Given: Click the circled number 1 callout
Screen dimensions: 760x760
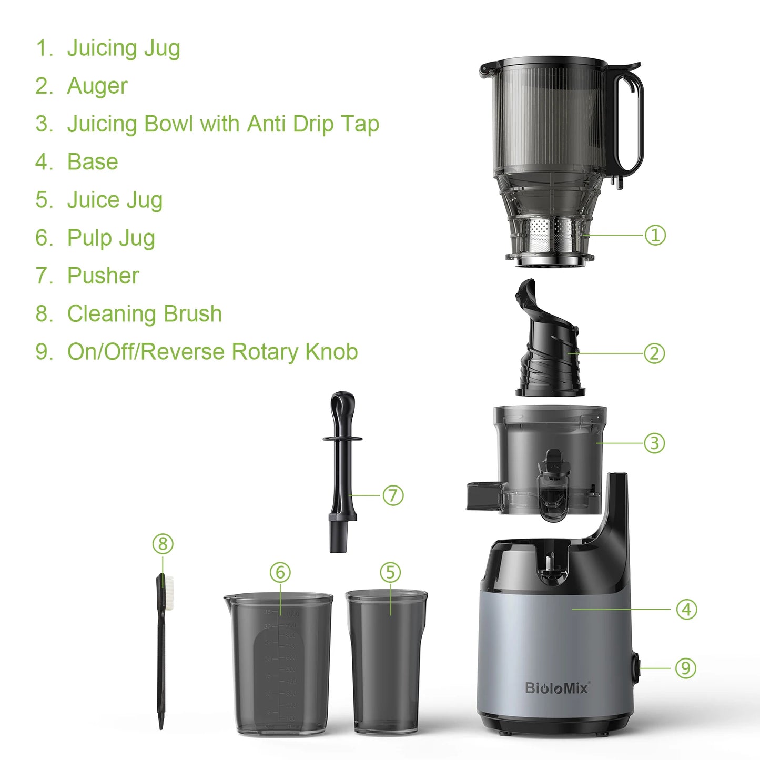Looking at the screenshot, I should click(x=655, y=235).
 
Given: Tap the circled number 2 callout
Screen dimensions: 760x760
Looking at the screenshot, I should click(x=654, y=353).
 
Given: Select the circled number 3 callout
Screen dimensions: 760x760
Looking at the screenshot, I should click(x=654, y=443).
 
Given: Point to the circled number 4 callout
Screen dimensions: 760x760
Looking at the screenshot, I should click(x=686, y=610).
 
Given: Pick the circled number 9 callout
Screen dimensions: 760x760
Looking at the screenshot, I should click(x=685, y=668).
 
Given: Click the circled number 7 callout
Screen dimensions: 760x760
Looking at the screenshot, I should click(x=393, y=495).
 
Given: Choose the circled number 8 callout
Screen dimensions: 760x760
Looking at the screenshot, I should click(x=163, y=544).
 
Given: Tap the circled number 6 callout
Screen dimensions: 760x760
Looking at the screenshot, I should click(x=280, y=572).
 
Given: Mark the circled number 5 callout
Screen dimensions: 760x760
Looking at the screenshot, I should click(x=390, y=572).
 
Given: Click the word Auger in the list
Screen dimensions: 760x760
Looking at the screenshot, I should click(x=97, y=86).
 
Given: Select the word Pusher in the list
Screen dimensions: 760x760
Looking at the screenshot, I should click(x=103, y=276).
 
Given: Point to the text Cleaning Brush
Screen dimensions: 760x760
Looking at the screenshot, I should click(x=144, y=314).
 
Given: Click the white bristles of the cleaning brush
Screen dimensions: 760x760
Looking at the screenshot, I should click(x=169, y=592).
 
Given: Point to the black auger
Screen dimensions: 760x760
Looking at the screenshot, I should click(x=547, y=347).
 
